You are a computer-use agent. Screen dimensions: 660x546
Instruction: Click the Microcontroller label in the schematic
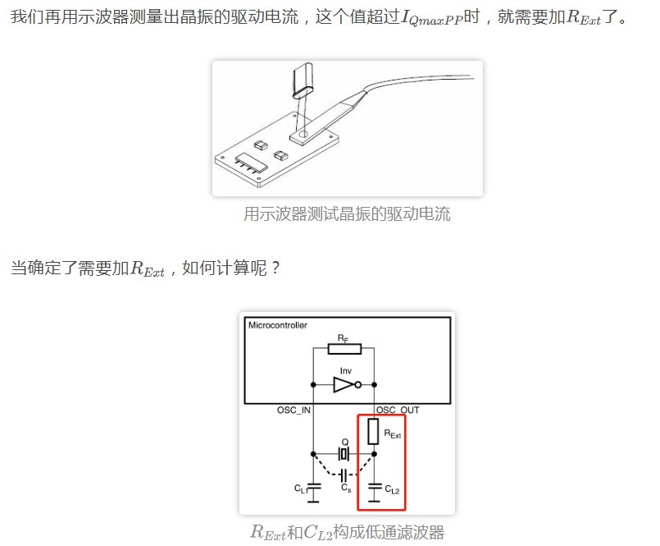tap(278, 325)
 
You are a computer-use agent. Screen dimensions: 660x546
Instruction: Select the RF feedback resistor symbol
tap(344, 349)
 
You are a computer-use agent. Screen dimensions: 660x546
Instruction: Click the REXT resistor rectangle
tap(373, 431)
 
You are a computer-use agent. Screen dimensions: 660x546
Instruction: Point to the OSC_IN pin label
tap(294, 411)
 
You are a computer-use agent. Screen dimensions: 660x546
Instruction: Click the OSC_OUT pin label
tap(398, 411)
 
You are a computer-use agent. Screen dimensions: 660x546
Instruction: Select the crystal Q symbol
tap(344, 454)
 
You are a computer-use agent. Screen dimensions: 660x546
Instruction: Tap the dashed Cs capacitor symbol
tap(344, 475)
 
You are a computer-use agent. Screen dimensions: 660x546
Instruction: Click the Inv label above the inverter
tap(345, 371)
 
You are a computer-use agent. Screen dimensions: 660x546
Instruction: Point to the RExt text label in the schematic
tap(393, 434)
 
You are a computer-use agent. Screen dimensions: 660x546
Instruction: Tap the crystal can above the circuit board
tap(303, 79)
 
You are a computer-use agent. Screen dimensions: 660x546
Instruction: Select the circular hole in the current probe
tap(303, 135)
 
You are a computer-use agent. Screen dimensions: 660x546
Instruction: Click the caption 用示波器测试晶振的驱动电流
tap(348, 213)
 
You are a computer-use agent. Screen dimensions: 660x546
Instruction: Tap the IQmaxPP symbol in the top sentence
tap(432, 18)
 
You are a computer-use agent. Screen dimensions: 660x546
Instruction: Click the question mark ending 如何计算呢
tap(275, 268)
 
